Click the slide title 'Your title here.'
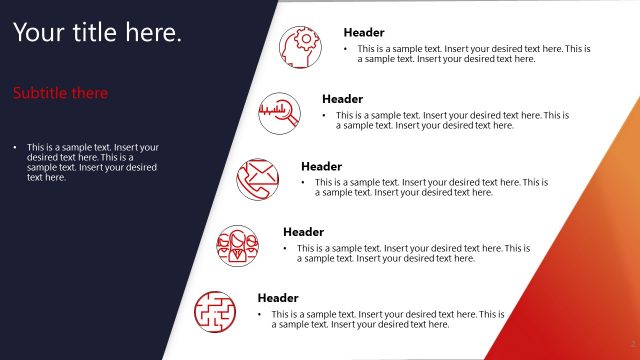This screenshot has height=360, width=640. pyautogui.click(x=98, y=33)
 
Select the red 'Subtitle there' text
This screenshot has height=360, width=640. pyautogui.click(x=61, y=93)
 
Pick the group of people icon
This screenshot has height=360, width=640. pyautogui.click(x=238, y=243)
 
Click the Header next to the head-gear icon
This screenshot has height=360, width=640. pyautogui.click(x=364, y=32)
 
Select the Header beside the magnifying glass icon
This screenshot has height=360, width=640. pyautogui.click(x=342, y=99)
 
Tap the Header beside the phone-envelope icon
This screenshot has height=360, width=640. pyautogui.click(x=321, y=166)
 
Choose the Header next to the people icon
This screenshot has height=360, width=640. pyautogui.click(x=303, y=232)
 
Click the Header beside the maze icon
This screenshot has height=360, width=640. pyautogui.click(x=278, y=298)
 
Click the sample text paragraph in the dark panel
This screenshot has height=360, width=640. pyautogui.click(x=92, y=162)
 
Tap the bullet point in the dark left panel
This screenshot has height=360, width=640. pyautogui.click(x=15, y=148)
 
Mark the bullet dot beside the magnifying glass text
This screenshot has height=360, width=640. pyautogui.click(x=324, y=115)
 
